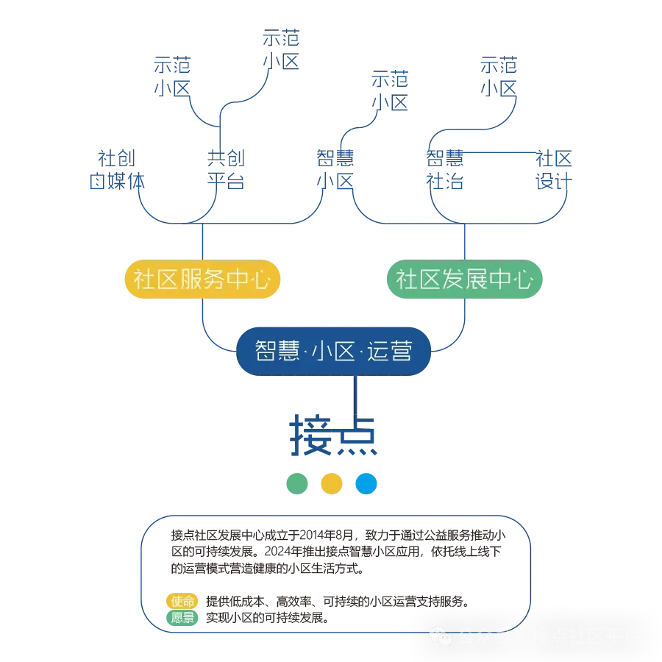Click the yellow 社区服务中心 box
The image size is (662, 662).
coord(203,280)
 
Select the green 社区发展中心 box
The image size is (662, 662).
coord(464,280)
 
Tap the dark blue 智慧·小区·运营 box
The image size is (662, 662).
coord(333,352)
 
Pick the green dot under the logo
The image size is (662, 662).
coord(297,483)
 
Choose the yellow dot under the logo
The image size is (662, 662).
coord(332,483)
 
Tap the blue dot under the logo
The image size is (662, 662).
coord(366,483)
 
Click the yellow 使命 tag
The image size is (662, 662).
coord(182,601)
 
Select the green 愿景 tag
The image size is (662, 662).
coord(182,618)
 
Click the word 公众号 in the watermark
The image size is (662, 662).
coord(485,636)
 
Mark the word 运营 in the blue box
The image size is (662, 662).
coord(389,352)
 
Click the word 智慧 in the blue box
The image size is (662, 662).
coord(277,352)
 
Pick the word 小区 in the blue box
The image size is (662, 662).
coord(332,352)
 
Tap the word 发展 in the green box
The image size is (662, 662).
coord(463,280)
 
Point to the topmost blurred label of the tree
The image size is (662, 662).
coord(281,49)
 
